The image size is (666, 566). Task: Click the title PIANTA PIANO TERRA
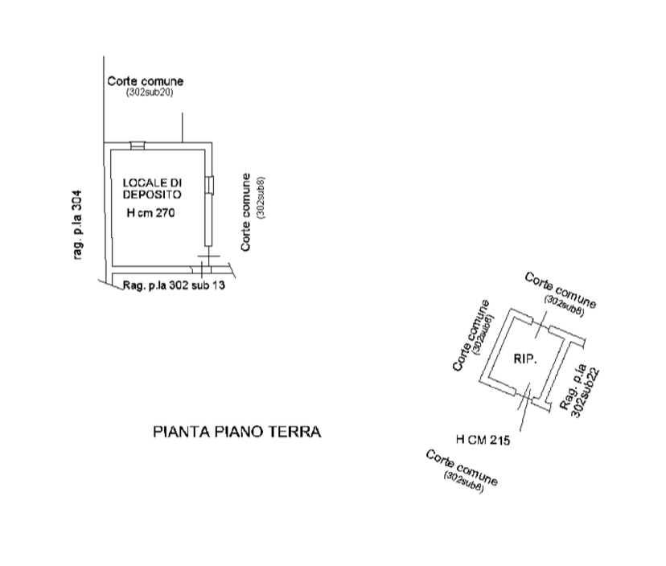[237, 432]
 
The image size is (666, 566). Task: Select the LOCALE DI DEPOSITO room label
[153, 188]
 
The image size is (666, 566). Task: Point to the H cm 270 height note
[150, 213]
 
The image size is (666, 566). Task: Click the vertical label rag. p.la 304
[77, 224]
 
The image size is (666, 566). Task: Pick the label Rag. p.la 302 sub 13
[174, 285]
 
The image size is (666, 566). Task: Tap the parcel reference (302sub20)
[150, 92]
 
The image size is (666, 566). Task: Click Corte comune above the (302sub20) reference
[146, 81]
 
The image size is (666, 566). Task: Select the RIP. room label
[525, 359]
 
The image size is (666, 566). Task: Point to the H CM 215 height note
[483, 440]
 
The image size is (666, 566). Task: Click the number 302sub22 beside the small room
[586, 393]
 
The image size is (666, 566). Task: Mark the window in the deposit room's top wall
[138, 146]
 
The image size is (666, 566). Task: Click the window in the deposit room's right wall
[209, 185]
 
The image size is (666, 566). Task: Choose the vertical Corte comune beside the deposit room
[245, 212]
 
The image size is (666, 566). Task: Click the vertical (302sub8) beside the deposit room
[261, 198]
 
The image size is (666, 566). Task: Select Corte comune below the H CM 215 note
[461, 467]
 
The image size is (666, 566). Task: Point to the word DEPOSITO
[153, 195]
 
